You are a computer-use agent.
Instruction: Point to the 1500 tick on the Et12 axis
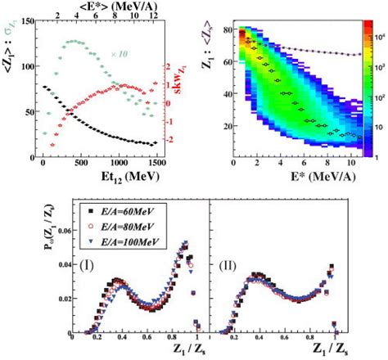pyautogui.click(x=154, y=162)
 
